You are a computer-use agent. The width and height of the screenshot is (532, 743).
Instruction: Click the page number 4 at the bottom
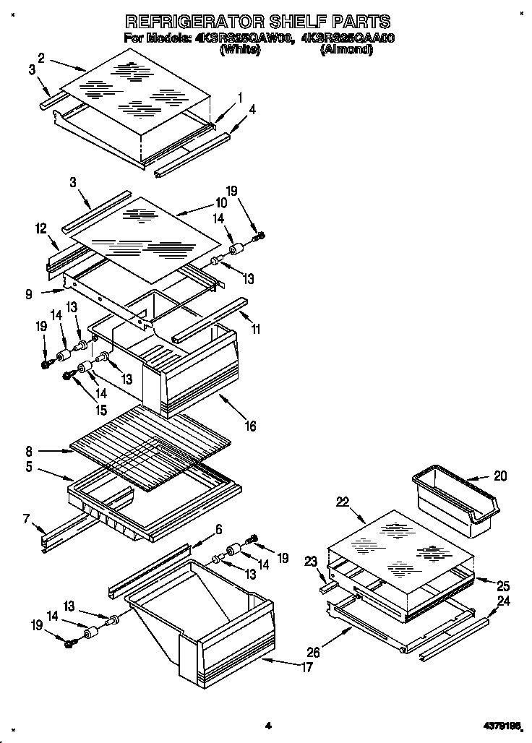tap(267, 725)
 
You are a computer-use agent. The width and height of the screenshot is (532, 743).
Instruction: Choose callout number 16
tap(249, 426)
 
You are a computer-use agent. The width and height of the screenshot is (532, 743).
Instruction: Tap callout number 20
tap(500, 476)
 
